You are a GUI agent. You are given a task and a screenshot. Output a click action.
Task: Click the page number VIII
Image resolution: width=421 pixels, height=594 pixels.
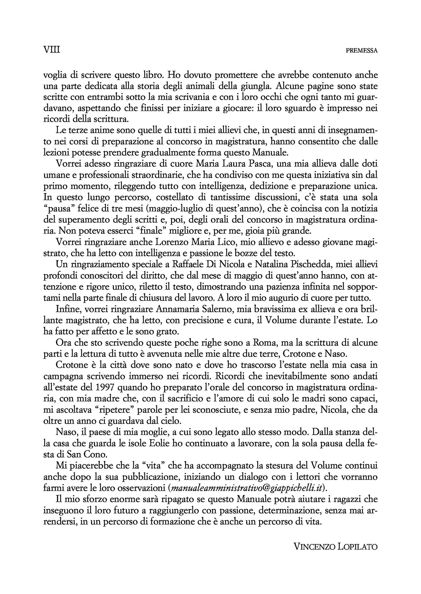click(x=51, y=50)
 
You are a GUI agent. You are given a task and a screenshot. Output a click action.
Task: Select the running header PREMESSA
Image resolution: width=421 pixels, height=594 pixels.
click(x=362, y=51)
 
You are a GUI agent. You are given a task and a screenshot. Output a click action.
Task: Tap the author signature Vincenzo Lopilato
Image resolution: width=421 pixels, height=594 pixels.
click(x=335, y=547)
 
